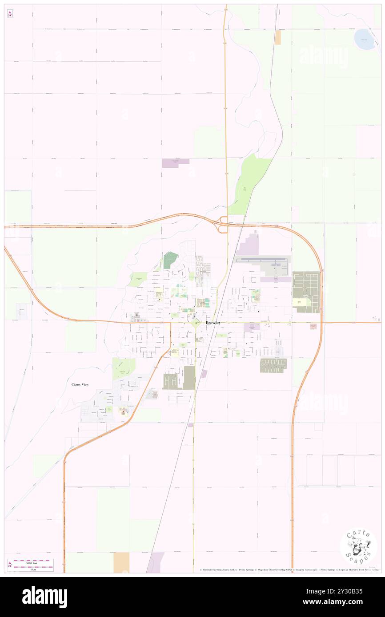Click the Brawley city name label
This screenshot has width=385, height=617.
(213, 323)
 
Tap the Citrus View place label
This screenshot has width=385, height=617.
(80, 384)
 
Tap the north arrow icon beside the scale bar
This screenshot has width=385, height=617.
(10, 565)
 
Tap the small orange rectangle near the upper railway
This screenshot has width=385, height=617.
(278, 38)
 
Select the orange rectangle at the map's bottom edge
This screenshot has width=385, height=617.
(121, 562)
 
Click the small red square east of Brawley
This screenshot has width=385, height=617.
(313, 326)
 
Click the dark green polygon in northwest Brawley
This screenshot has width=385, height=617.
(170, 260)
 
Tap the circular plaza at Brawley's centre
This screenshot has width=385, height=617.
(195, 323)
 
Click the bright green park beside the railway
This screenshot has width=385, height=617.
(250, 183)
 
